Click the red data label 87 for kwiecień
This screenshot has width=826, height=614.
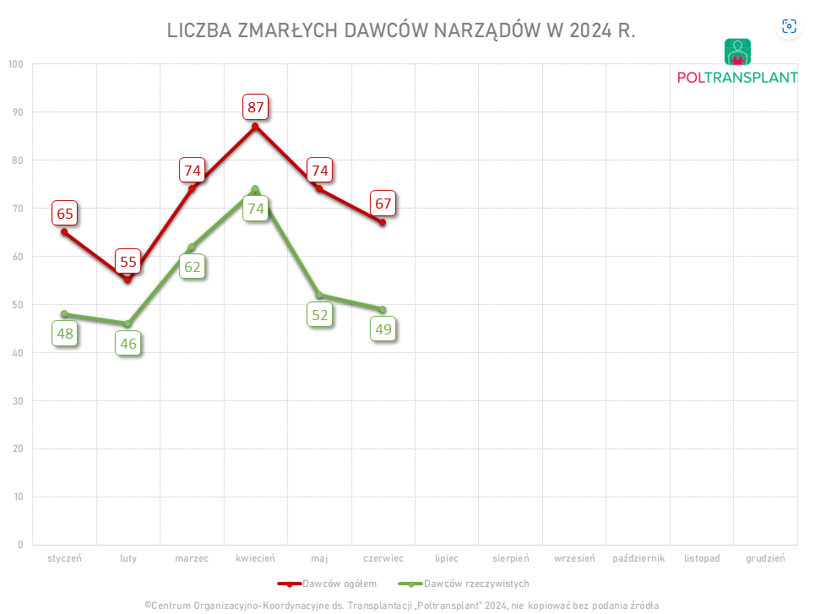pyautogui.click(x=255, y=107)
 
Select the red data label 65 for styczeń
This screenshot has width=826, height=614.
pyautogui.click(x=64, y=213)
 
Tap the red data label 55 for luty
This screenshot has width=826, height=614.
pyautogui.click(x=128, y=262)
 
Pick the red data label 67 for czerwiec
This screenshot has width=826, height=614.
pyautogui.click(x=383, y=204)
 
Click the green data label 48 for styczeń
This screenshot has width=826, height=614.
pyautogui.click(x=65, y=334)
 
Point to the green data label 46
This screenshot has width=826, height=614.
pyautogui.click(x=128, y=344)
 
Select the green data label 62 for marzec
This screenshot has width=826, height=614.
pyautogui.click(x=193, y=268)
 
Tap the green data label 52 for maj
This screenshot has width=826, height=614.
pyautogui.click(x=320, y=316)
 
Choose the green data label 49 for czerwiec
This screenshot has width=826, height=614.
pyautogui.click(x=383, y=329)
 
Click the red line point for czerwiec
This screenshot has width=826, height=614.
pyautogui.click(x=383, y=222)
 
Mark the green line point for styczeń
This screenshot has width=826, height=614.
pyautogui.click(x=64, y=314)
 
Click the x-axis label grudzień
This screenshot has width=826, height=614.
pyautogui.click(x=765, y=558)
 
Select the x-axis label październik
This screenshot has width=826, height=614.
pyautogui.click(x=639, y=558)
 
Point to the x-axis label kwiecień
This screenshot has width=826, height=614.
pyautogui.click(x=255, y=558)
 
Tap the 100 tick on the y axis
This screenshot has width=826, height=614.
pyautogui.click(x=15, y=64)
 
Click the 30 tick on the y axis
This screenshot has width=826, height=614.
pyautogui.click(x=18, y=400)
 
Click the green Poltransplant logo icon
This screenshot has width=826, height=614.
pyautogui.click(x=737, y=52)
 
